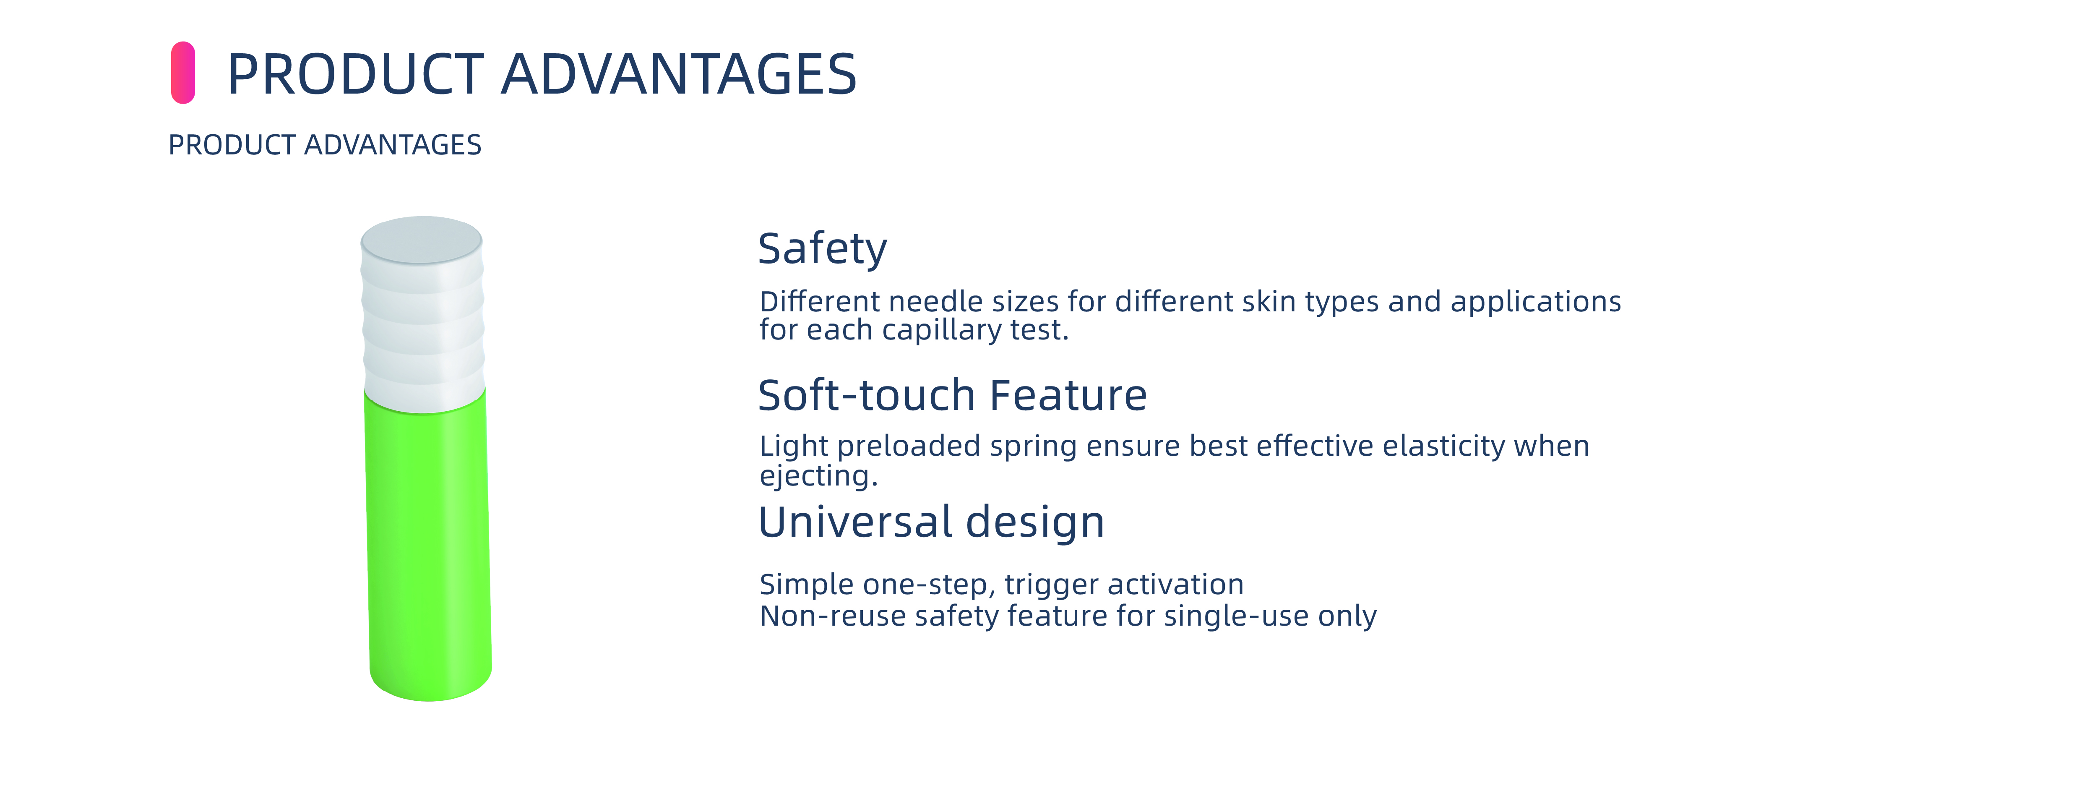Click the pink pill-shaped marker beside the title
click(x=183, y=73)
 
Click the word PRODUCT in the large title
click(x=356, y=74)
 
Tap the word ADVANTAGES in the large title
click(x=679, y=74)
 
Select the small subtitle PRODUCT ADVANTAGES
click(x=325, y=145)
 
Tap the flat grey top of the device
click(x=422, y=240)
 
